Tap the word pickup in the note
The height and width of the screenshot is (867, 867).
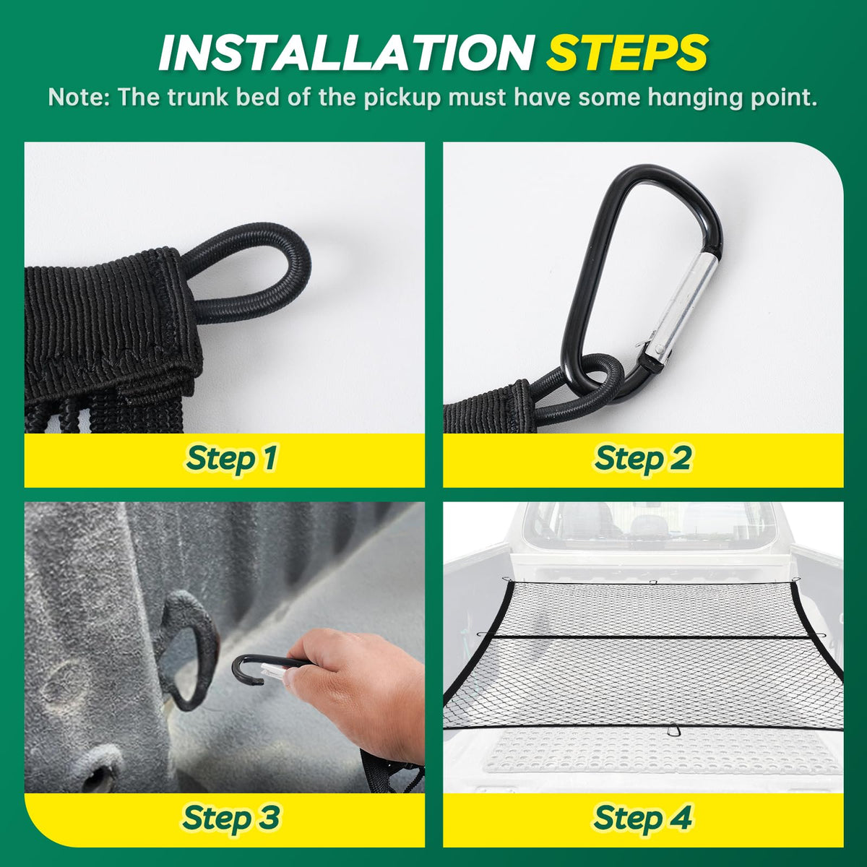click(402, 98)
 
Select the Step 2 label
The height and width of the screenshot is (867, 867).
click(643, 459)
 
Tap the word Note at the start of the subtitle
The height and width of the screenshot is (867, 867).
click(76, 98)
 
